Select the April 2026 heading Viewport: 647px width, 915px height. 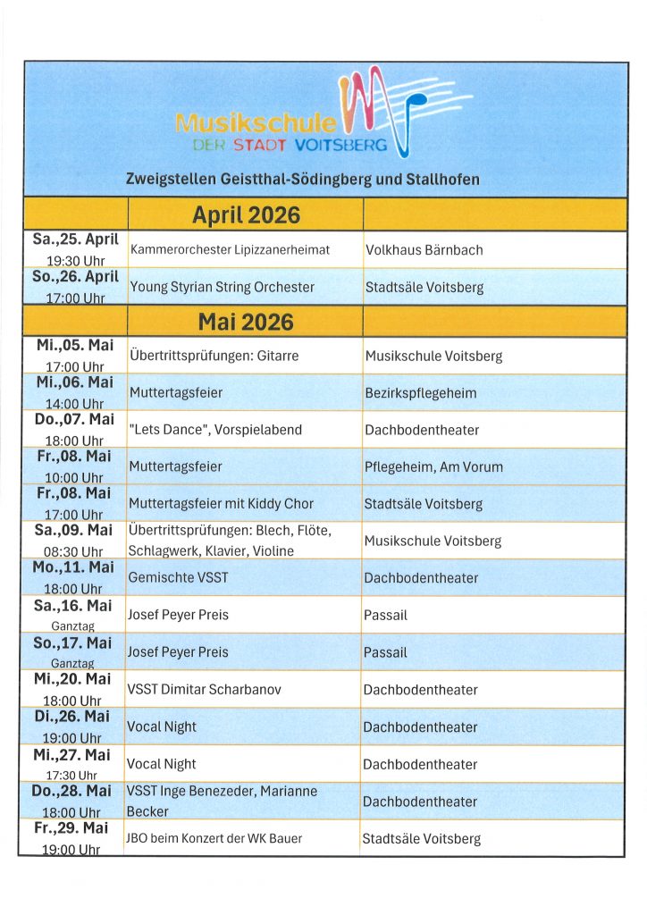(246, 215)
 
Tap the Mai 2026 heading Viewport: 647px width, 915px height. (246, 321)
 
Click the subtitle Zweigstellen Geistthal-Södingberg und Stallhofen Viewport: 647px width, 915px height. (303, 179)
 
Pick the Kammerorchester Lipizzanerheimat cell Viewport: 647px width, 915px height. (231, 250)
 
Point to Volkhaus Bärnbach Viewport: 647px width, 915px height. (424, 250)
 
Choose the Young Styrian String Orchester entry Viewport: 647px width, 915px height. (223, 287)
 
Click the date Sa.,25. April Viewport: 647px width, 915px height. (76, 239)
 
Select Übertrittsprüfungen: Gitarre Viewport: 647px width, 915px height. (214, 356)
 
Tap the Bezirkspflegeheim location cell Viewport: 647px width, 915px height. (421, 393)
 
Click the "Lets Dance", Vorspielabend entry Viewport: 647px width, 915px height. (215, 430)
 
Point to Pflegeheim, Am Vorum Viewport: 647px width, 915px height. (433, 466)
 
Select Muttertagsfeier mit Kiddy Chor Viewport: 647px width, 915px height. (222, 504)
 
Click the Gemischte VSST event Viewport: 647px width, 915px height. (178, 577)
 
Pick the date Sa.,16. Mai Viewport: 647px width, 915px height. (73, 606)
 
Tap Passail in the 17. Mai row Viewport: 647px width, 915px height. (385, 652)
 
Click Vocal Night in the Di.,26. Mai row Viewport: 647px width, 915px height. (162, 727)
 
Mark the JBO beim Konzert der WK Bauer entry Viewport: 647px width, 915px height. (214, 838)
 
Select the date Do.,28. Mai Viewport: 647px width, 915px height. (73, 792)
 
